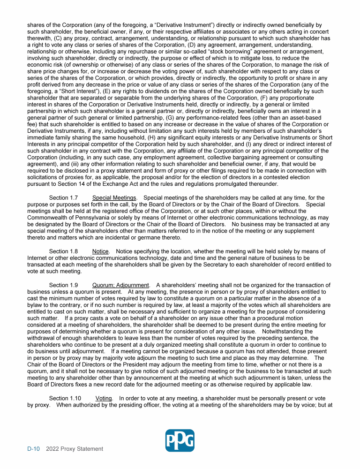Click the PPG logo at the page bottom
(180, 441)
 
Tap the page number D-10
(33, 449)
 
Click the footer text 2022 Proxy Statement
(75, 449)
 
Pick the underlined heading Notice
(100, 251)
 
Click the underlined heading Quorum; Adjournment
(121, 285)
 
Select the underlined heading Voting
(105, 398)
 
